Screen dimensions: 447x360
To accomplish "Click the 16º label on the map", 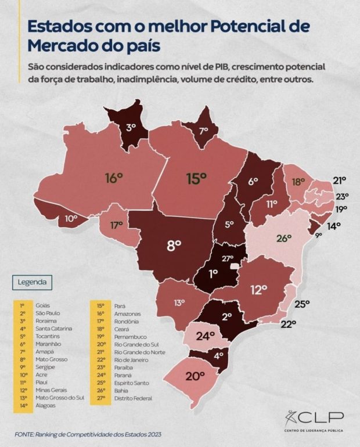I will coord(114,178).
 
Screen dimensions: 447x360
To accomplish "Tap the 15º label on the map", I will coord(196,178).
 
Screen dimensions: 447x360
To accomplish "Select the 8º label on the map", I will coord(175,244).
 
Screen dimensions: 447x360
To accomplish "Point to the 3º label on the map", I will coord(131,125).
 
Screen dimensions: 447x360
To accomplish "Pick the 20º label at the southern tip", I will coord(195,376).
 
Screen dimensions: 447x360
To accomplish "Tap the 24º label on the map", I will coord(204,335).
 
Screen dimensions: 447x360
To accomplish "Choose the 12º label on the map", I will coord(259,288).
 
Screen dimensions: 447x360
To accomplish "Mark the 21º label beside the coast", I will coord(339,179).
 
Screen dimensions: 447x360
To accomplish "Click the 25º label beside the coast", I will coord(303,303).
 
